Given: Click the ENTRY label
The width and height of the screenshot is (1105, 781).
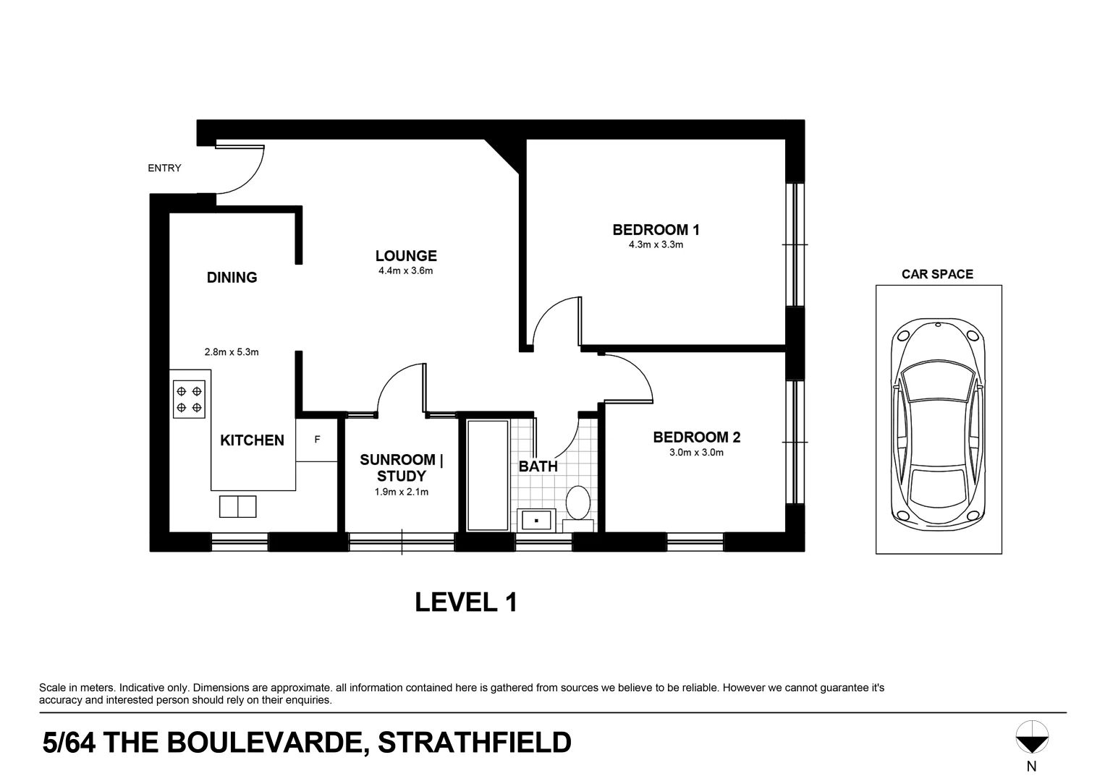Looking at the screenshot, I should (x=164, y=168).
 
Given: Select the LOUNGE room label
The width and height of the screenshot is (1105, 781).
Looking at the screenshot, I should (x=406, y=256).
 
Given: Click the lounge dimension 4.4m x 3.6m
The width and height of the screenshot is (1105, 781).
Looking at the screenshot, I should (x=405, y=271).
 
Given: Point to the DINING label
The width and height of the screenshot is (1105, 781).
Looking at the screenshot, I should (x=232, y=278).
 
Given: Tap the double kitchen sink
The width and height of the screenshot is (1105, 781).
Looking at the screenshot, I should (x=238, y=506).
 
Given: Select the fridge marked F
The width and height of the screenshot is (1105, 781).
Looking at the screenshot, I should (x=317, y=440).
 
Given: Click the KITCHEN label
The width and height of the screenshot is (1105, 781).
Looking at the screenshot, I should (x=252, y=440).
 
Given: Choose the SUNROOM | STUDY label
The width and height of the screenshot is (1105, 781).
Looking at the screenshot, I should (x=402, y=468).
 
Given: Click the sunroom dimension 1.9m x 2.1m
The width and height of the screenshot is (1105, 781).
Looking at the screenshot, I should (x=402, y=492).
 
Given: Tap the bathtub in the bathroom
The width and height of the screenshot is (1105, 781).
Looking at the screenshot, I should (x=488, y=474).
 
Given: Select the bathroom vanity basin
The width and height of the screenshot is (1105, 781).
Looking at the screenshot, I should (x=536, y=519).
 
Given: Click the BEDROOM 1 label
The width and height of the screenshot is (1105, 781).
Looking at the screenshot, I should (x=656, y=230).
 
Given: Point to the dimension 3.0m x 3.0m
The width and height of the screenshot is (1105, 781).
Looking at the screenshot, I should (x=696, y=453).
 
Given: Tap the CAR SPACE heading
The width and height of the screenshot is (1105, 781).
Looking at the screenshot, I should (x=937, y=274).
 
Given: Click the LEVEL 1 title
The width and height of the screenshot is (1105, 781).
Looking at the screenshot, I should (x=466, y=602).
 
